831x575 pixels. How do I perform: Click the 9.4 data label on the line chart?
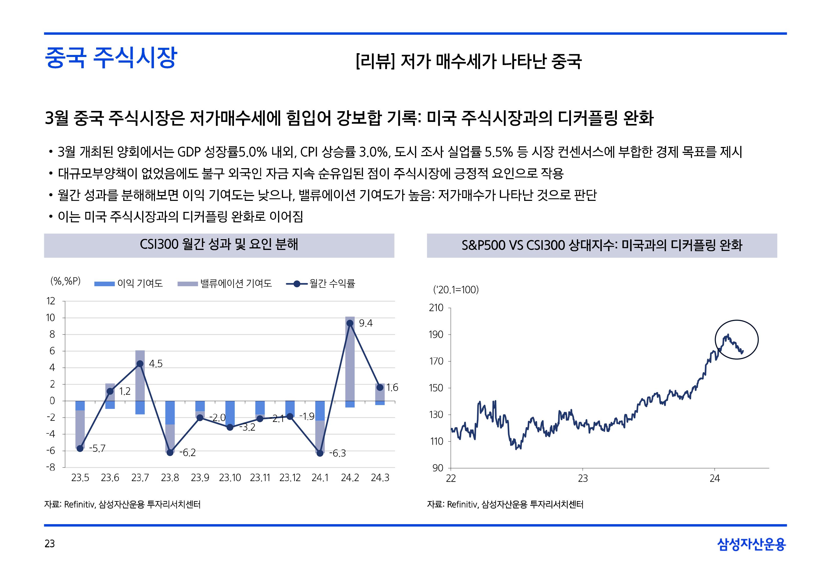tap(365, 323)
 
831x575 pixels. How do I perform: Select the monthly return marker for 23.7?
tap(140, 364)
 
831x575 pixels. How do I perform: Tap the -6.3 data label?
tap(337, 453)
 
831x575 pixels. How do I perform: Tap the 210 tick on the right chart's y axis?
tap(436, 308)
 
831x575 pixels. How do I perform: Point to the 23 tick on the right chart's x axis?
tap(583, 478)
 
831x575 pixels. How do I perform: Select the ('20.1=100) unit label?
tap(456, 290)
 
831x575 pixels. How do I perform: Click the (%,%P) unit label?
tap(65, 281)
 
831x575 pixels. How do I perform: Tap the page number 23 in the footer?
tap(50, 544)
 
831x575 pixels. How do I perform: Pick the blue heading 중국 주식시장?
tap(111, 58)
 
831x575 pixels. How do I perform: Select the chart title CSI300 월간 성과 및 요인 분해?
tap(219, 245)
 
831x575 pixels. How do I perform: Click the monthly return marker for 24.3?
tap(380, 387)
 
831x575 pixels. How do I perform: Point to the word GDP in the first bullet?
tap(189, 152)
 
